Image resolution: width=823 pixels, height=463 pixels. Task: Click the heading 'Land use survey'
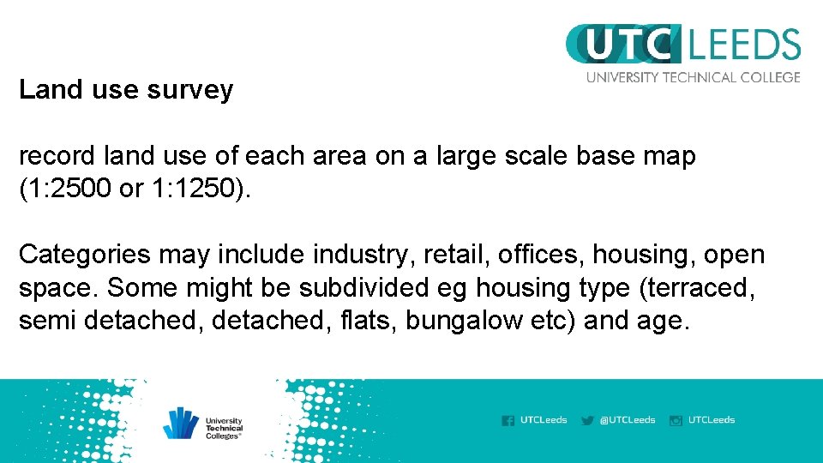click(x=126, y=90)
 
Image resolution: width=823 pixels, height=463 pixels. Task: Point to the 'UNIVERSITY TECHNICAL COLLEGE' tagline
click(x=693, y=77)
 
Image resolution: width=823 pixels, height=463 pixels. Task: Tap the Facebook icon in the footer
click(x=508, y=420)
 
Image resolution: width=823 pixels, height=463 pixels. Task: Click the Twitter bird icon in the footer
click(x=587, y=420)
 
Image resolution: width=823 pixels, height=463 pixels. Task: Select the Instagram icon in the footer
click(x=676, y=420)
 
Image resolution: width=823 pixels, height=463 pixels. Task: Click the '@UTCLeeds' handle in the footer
click(x=628, y=420)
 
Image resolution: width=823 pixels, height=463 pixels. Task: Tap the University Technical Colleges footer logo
click(x=203, y=423)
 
